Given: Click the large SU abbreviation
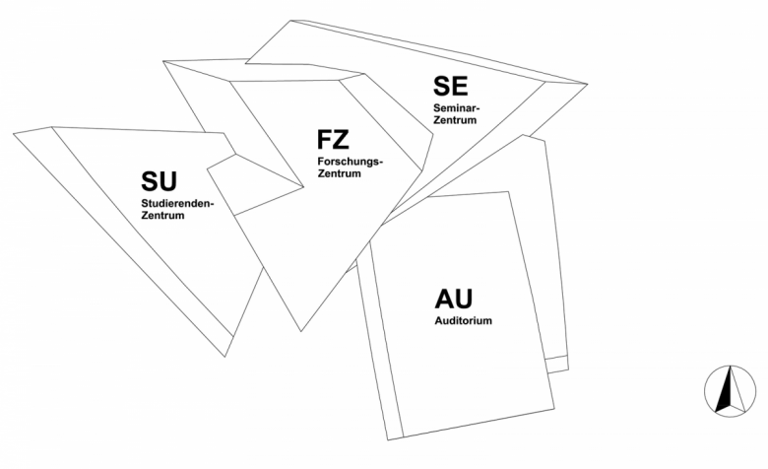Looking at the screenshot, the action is [x=159, y=181].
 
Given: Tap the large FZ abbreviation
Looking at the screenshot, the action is [x=333, y=139].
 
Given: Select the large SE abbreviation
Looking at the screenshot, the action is [x=451, y=86].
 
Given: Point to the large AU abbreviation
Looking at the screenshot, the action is [x=454, y=299].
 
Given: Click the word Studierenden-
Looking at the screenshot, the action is [x=178, y=203].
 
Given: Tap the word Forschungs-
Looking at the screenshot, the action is [x=351, y=162].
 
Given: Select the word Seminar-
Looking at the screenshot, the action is [x=457, y=107].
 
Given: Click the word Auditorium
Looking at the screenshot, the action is [x=464, y=321].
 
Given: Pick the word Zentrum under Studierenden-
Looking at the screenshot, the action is [x=163, y=216].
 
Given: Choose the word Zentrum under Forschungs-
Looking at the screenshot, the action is [x=339, y=173].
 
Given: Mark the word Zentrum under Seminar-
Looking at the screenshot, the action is [x=455, y=120].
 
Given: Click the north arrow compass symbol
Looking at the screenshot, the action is [x=730, y=391].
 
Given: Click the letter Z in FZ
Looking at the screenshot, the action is [x=342, y=139].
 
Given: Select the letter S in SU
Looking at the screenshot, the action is [x=150, y=181].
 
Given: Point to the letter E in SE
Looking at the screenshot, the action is [x=461, y=86].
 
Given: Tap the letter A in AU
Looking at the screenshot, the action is [x=444, y=299].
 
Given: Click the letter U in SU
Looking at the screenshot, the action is [x=168, y=181].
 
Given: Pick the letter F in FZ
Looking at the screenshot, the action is [x=325, y=139].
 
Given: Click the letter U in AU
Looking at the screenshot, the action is [x=464, y=299].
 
